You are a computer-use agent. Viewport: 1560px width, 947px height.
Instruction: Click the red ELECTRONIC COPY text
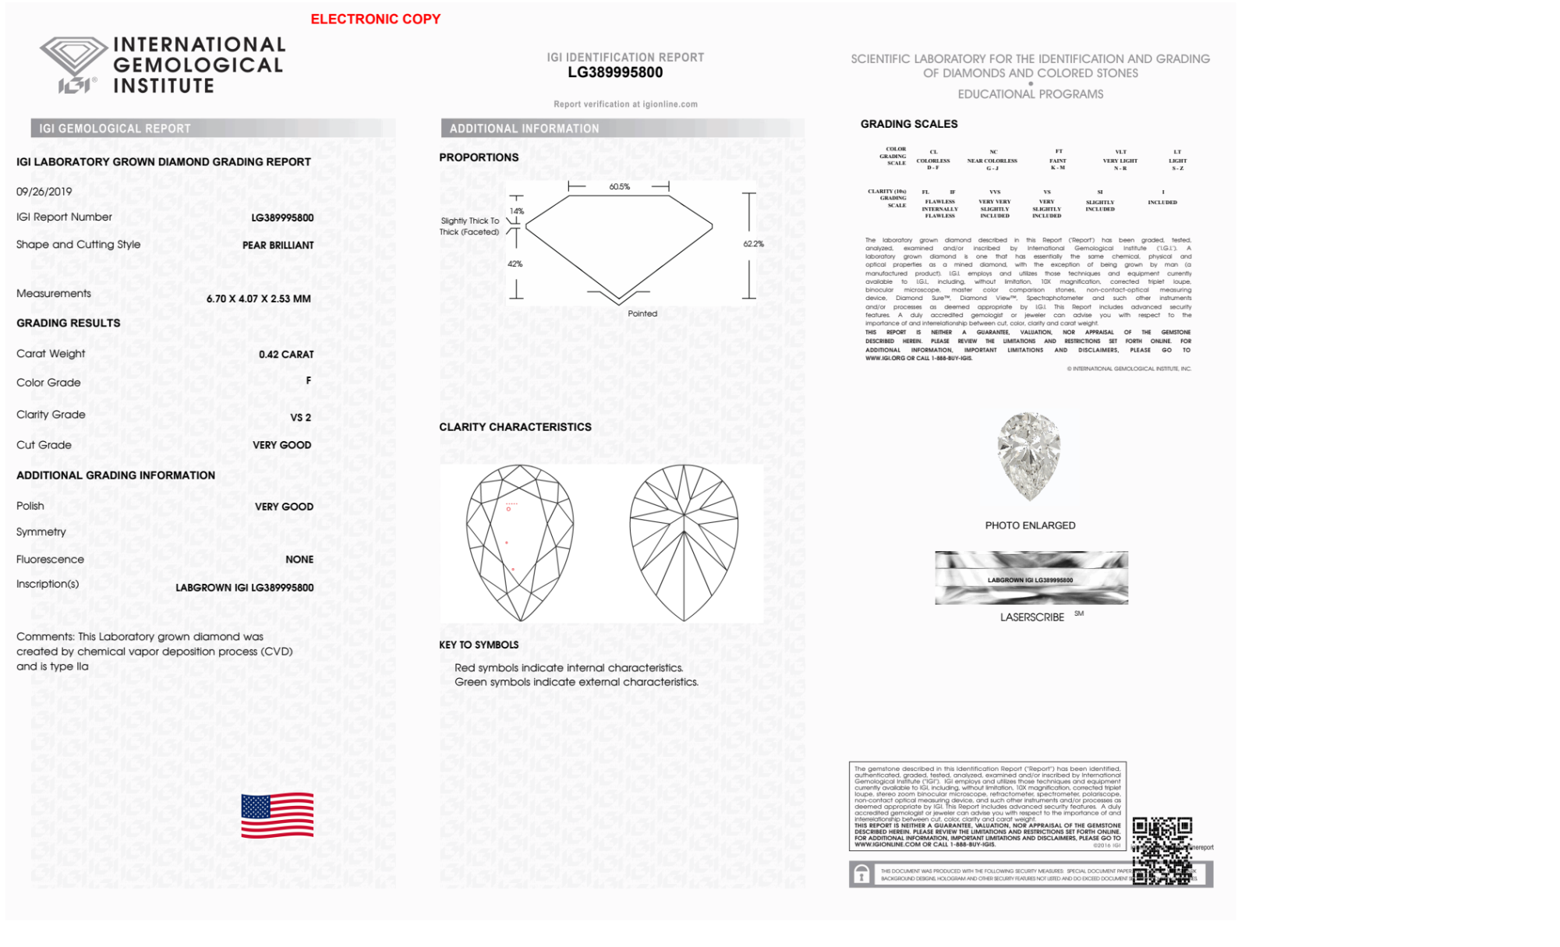(x=375, y=19)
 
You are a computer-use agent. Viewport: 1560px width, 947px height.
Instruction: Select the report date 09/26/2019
(x=44, y=192)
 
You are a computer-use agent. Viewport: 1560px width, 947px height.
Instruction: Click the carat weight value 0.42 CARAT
(x=286, y=355)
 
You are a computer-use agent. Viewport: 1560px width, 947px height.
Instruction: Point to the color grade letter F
(x=309, y=380)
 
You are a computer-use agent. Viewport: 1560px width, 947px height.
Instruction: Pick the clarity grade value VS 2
(x=300, y=418)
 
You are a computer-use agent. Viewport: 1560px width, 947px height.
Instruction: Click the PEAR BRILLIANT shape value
(x=278, y=246)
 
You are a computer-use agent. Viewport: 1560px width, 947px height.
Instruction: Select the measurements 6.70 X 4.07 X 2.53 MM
(x=258, y=299)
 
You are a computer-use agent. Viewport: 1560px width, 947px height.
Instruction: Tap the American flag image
(x=277, y=815)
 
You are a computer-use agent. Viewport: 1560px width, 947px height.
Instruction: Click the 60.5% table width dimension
(x=619, y=187)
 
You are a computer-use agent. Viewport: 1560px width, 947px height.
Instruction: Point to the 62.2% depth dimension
(x=753, y=244)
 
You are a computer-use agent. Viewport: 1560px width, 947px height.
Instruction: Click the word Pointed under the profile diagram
(x=642, y=313)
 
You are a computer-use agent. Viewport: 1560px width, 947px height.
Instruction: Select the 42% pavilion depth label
(x=515, y=264)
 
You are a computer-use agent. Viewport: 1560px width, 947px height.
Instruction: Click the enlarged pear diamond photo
(x=1029, y=457)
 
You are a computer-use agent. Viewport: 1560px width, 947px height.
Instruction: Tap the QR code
(x=1162, y=850)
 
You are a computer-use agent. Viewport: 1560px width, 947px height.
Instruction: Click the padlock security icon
(x=861, y=875)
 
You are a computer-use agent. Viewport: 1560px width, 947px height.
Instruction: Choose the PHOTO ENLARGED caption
(x=1030, y=526)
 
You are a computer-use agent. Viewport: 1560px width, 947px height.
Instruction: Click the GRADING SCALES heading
(x=908, y=124)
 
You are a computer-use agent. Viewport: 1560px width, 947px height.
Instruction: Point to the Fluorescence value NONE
(x=299, y=560)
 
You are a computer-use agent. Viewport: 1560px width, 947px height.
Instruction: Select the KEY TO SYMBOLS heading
(x=479, y=645)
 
